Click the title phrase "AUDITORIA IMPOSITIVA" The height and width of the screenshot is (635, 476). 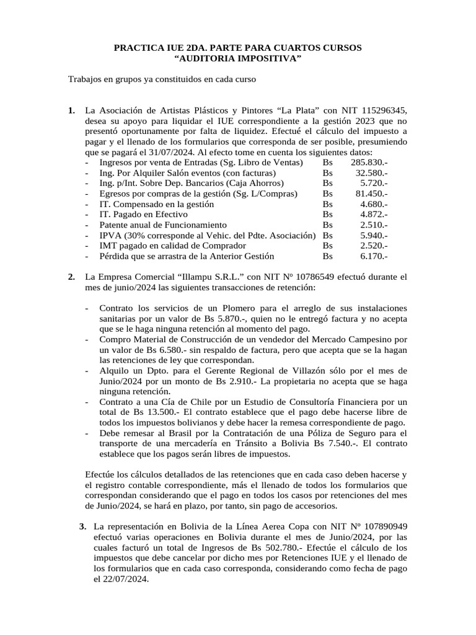238,58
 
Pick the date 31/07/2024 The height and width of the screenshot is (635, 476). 179,152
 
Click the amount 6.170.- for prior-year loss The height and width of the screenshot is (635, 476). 374,256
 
